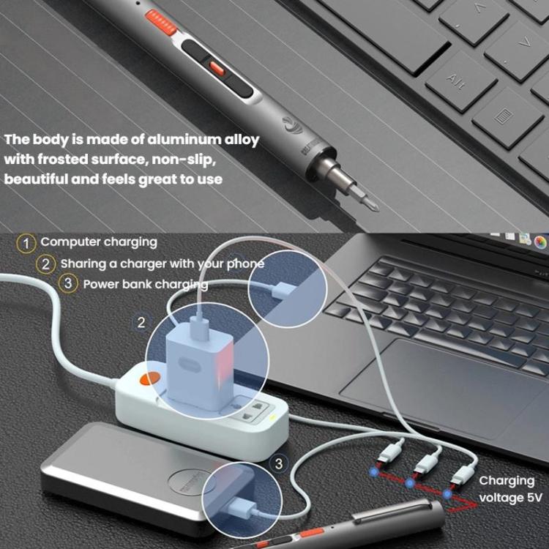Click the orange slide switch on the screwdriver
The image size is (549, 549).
[x=217, y=67]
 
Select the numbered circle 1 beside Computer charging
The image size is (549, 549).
[x=27, y=242]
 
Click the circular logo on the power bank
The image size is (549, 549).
[x=192, y=482]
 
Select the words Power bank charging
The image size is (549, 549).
[x=145, y=283]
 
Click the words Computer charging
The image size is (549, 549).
[x=99, y=242]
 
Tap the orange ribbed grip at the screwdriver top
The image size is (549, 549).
[x=162, y=21]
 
